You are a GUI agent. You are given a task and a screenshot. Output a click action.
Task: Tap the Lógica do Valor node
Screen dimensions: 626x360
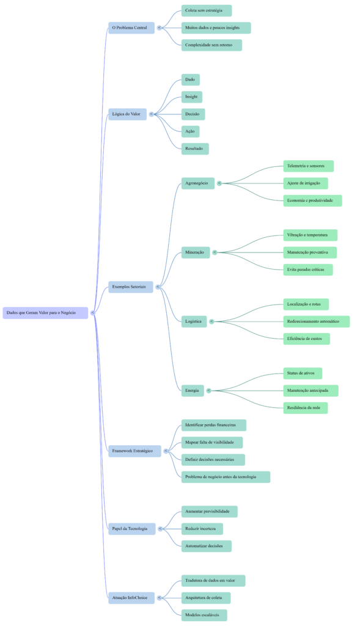tap(127, 114)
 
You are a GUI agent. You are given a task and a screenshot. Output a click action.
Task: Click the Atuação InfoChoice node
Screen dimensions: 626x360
tap(130, 597)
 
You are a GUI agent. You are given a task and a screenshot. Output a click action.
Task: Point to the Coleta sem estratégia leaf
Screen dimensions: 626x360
tap(206, 11)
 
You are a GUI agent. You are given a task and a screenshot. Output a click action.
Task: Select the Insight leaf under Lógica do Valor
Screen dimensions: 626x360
tap(191, 97)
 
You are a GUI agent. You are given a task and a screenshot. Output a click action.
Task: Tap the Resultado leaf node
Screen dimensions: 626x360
tap(195, 149)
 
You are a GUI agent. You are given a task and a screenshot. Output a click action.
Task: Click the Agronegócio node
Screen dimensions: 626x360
tap(197, 183)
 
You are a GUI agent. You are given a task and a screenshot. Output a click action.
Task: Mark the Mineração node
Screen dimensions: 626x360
tap(196, 252)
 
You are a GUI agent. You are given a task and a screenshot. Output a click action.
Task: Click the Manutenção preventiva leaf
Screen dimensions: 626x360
tap(309, 252)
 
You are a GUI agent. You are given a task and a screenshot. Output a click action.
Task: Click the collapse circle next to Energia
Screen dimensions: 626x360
tap(208, 391)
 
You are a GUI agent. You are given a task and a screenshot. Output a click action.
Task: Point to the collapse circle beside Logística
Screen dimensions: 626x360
tap(211, 322)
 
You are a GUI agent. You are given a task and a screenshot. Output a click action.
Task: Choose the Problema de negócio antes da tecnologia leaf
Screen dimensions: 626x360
tap(226, 477)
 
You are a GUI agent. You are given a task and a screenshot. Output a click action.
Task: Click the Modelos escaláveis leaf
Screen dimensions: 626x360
tap(204, 614)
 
